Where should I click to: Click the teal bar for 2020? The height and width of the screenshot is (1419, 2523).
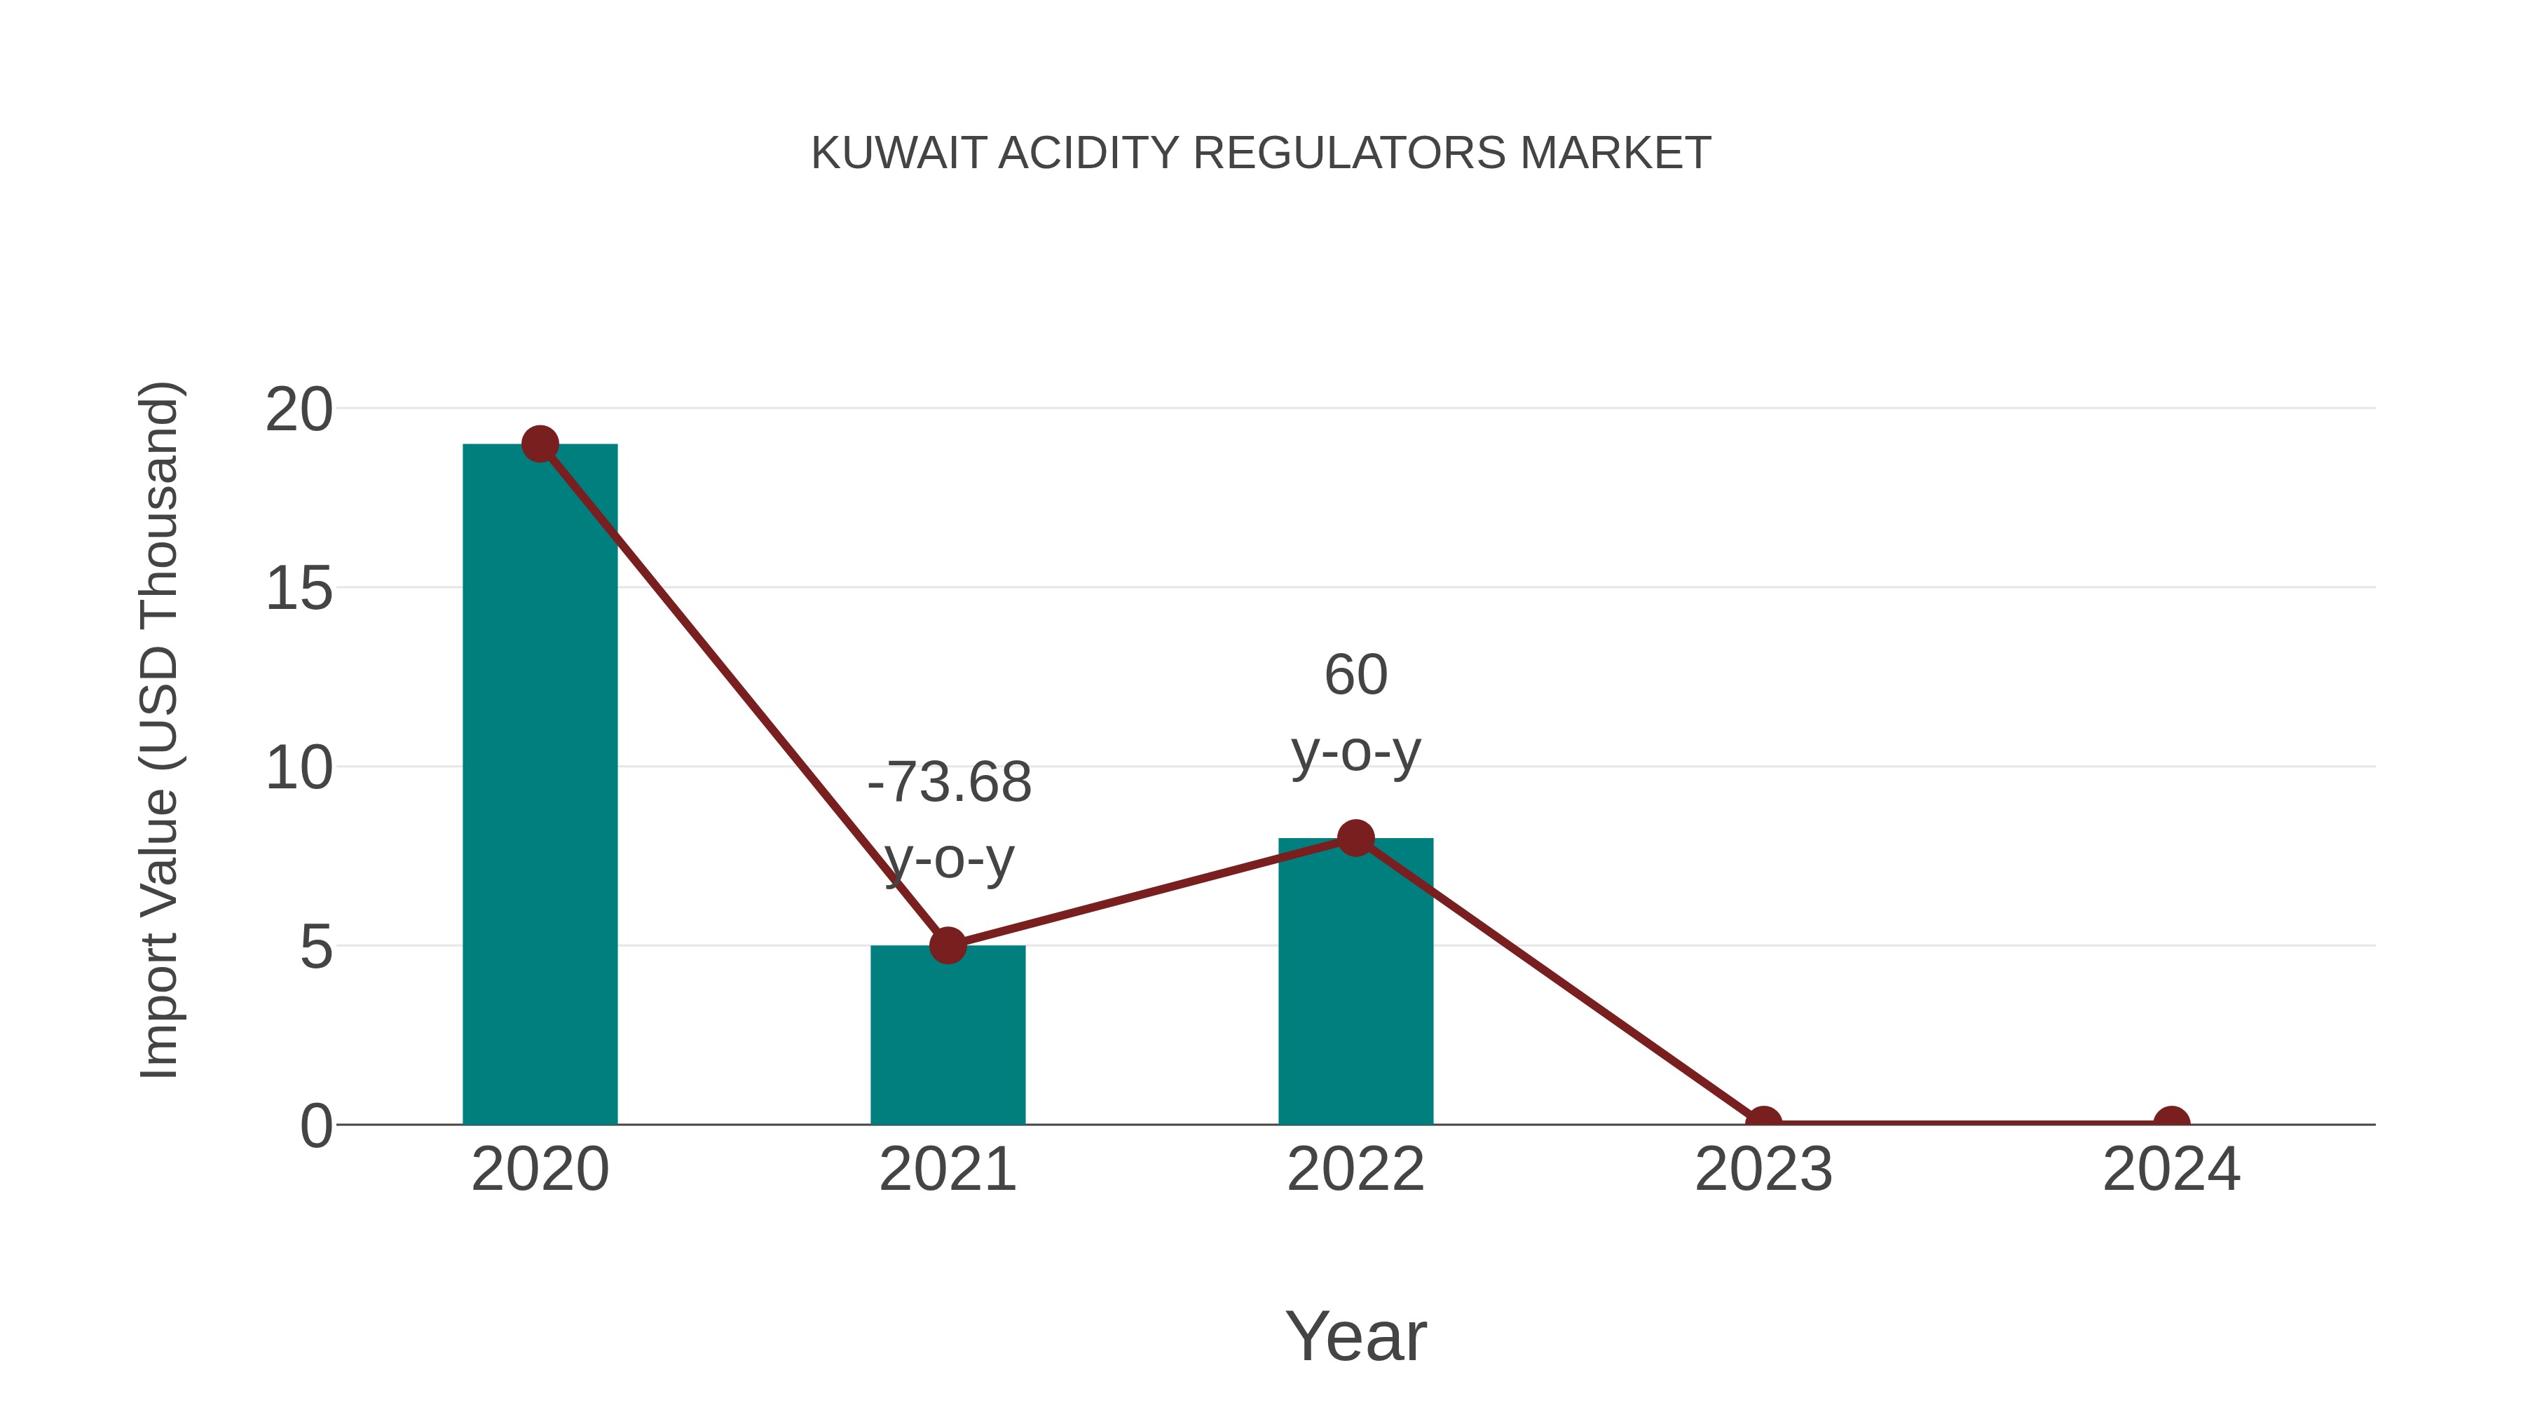(x=540, y=783)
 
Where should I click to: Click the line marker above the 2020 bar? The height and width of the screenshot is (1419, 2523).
(x=540, y=444)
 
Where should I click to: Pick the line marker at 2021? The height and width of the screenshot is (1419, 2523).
(x=947, y=945)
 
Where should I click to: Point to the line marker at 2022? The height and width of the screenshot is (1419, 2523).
(x=1355, y=838)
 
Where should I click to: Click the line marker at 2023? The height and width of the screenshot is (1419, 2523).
(x=1763, y=1123)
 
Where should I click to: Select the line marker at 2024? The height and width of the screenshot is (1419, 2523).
(x=2171, y=1123)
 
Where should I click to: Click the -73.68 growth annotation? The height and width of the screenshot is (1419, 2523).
(x=949, y=783)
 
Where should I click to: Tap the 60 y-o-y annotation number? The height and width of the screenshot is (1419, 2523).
(x=1355, y=676)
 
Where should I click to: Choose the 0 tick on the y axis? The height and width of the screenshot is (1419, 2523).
(x=316, y=1126)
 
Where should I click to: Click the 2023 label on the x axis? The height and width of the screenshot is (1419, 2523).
(x=1763, y=1170)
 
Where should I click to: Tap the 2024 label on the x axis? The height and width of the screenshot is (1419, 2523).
(x=2171, y=1170)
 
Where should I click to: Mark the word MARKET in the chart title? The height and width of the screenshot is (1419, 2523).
(x=1615, y=153)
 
